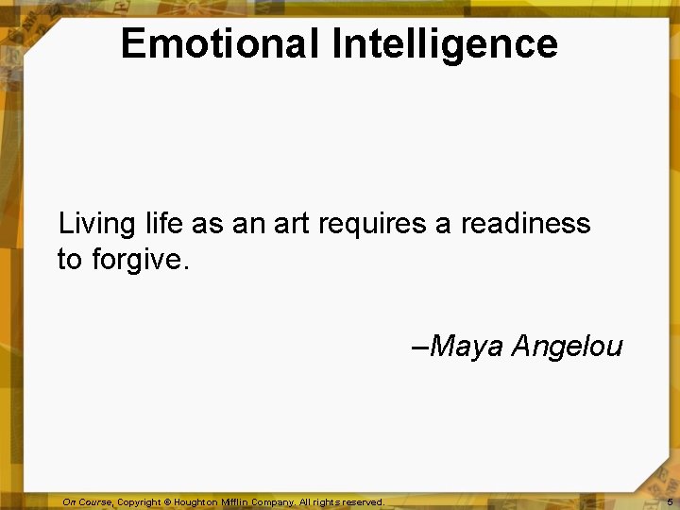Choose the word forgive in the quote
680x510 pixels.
point(140,260)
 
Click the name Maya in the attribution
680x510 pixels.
point(467,348)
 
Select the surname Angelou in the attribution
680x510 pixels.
point(567,348)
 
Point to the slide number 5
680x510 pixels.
point(670,502)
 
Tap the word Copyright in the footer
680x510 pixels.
point(141,502)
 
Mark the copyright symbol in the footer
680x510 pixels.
point(175,502)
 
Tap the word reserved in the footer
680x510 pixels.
point(363,502)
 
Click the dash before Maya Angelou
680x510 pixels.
point(421,348)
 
